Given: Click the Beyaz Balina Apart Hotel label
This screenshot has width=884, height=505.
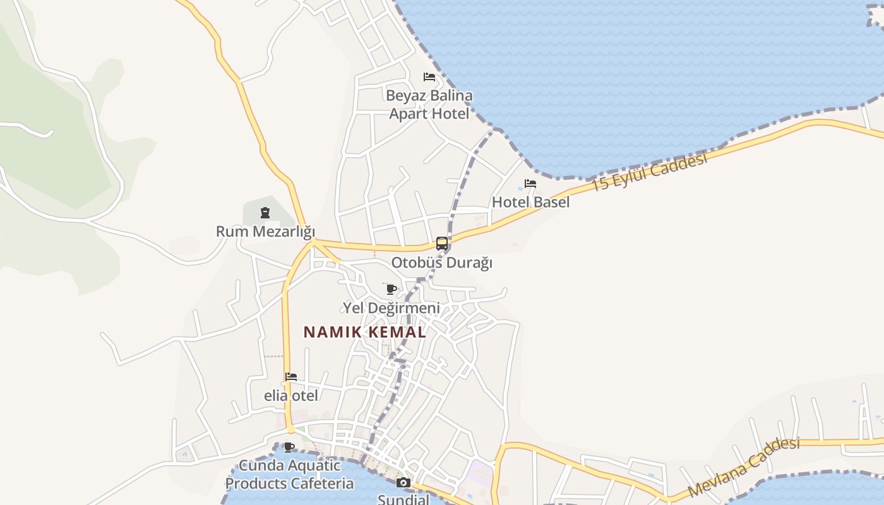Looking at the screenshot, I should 429,105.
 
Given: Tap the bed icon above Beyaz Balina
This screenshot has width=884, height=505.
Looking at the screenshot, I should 429,78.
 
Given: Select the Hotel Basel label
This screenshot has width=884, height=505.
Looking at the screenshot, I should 530,202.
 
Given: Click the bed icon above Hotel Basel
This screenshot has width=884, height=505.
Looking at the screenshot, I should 530,184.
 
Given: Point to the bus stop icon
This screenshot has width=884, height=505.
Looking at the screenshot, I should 442,244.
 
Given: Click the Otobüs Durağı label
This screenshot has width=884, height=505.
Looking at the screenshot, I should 441,263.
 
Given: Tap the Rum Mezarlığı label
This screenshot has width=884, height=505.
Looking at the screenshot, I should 265,232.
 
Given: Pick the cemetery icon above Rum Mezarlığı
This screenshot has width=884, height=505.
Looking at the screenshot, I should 265,213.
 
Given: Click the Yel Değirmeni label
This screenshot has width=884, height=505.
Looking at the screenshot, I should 391,308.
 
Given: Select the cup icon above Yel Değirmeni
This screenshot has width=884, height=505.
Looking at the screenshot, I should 391,289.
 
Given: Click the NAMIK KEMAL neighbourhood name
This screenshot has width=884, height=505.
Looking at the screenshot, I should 365,332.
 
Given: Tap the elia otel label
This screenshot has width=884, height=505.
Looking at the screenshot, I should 291,396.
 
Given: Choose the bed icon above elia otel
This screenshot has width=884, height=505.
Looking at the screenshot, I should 291,377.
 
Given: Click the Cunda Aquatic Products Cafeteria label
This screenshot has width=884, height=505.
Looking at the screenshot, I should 289,475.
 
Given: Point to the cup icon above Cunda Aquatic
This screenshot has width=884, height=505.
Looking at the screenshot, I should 289,448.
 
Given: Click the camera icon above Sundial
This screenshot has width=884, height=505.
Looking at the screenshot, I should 403,483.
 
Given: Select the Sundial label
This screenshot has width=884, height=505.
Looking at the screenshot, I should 403,499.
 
